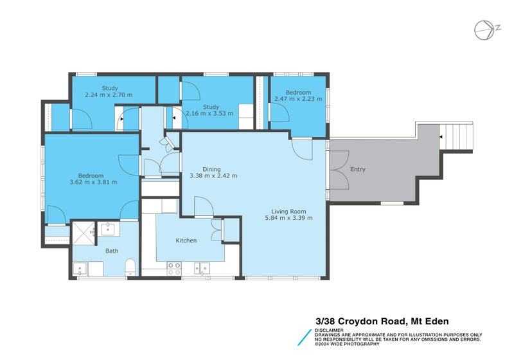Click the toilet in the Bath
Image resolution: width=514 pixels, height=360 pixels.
(x=129, y=266)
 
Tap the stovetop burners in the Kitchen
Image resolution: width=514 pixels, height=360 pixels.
(x=173, y=268)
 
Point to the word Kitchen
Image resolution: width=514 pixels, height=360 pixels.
(x=186, y=240)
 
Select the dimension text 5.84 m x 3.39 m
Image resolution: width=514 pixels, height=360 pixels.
(x=288, y=218)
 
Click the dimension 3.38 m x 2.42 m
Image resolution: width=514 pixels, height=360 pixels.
(x=213, y=175)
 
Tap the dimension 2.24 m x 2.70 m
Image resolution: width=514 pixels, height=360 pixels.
(x=109, y=95)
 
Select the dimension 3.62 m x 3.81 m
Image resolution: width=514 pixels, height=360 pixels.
(x=93, y=182)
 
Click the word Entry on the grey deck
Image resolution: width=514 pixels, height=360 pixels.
(x=358, y=170)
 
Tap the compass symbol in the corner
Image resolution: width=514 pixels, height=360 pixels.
(x=483, y=30)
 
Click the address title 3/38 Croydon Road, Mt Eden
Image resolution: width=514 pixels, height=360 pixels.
(x=382, y=321)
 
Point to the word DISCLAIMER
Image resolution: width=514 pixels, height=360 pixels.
(x=329, y=330)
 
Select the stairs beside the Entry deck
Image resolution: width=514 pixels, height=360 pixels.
(x=458, y=136)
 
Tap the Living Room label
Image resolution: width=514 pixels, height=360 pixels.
(x=288, y=211)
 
